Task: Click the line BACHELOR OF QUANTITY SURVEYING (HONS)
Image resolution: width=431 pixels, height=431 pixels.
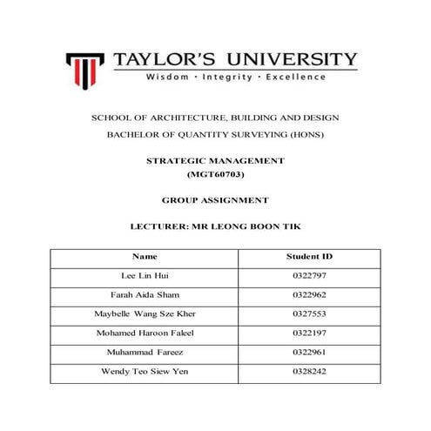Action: click(215, 135)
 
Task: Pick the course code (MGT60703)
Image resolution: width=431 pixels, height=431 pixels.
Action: click(215, 176)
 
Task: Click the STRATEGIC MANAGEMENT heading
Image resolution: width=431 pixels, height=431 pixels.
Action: click(215, 162)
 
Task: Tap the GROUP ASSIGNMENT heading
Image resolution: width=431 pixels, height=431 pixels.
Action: click(215, 200)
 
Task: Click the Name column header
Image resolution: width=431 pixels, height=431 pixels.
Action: click(145, 257)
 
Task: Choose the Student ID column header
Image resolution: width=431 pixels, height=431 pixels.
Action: click(309, 257)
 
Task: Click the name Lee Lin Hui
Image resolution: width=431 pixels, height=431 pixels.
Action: click(145, 275)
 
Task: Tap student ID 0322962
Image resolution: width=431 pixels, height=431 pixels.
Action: click(309, 295)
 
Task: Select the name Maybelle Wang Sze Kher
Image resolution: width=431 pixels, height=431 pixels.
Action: click(145, 314)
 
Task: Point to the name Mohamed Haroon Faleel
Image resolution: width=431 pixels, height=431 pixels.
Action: click(145, 333)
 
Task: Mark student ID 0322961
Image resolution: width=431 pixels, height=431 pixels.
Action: click(309, 353)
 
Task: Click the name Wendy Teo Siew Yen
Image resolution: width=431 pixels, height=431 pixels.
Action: click(145, 372)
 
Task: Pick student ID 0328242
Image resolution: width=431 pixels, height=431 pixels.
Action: click(309, 372)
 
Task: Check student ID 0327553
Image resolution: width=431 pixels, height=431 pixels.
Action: click(309, 314)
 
